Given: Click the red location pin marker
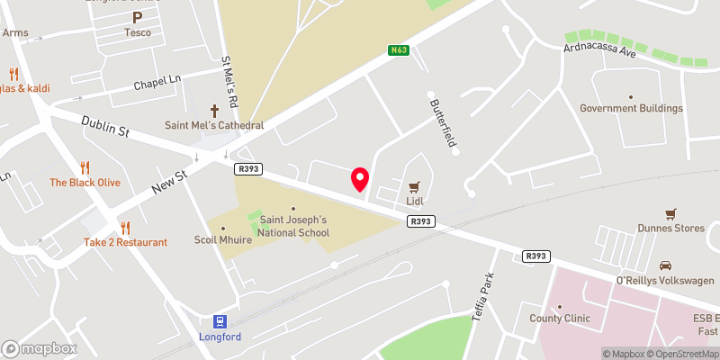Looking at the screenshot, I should [360, 179].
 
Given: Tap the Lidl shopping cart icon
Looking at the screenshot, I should [415, 187].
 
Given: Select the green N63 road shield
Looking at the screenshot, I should [400, 50].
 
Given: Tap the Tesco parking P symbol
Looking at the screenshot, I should [138, 17].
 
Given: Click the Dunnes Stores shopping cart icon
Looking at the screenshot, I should [670, 213].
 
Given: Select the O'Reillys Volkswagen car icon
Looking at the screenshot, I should [665, 265].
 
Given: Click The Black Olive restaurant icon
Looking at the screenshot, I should [85, 167].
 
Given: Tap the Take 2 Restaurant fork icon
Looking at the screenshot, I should [125, 228].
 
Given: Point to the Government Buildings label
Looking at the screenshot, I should [631, 108].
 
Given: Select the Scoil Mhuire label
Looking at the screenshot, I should [223, 240].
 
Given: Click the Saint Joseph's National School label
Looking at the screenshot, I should [294, 226].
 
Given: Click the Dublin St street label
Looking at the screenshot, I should [105, 126].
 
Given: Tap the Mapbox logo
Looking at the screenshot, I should [40, 348].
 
